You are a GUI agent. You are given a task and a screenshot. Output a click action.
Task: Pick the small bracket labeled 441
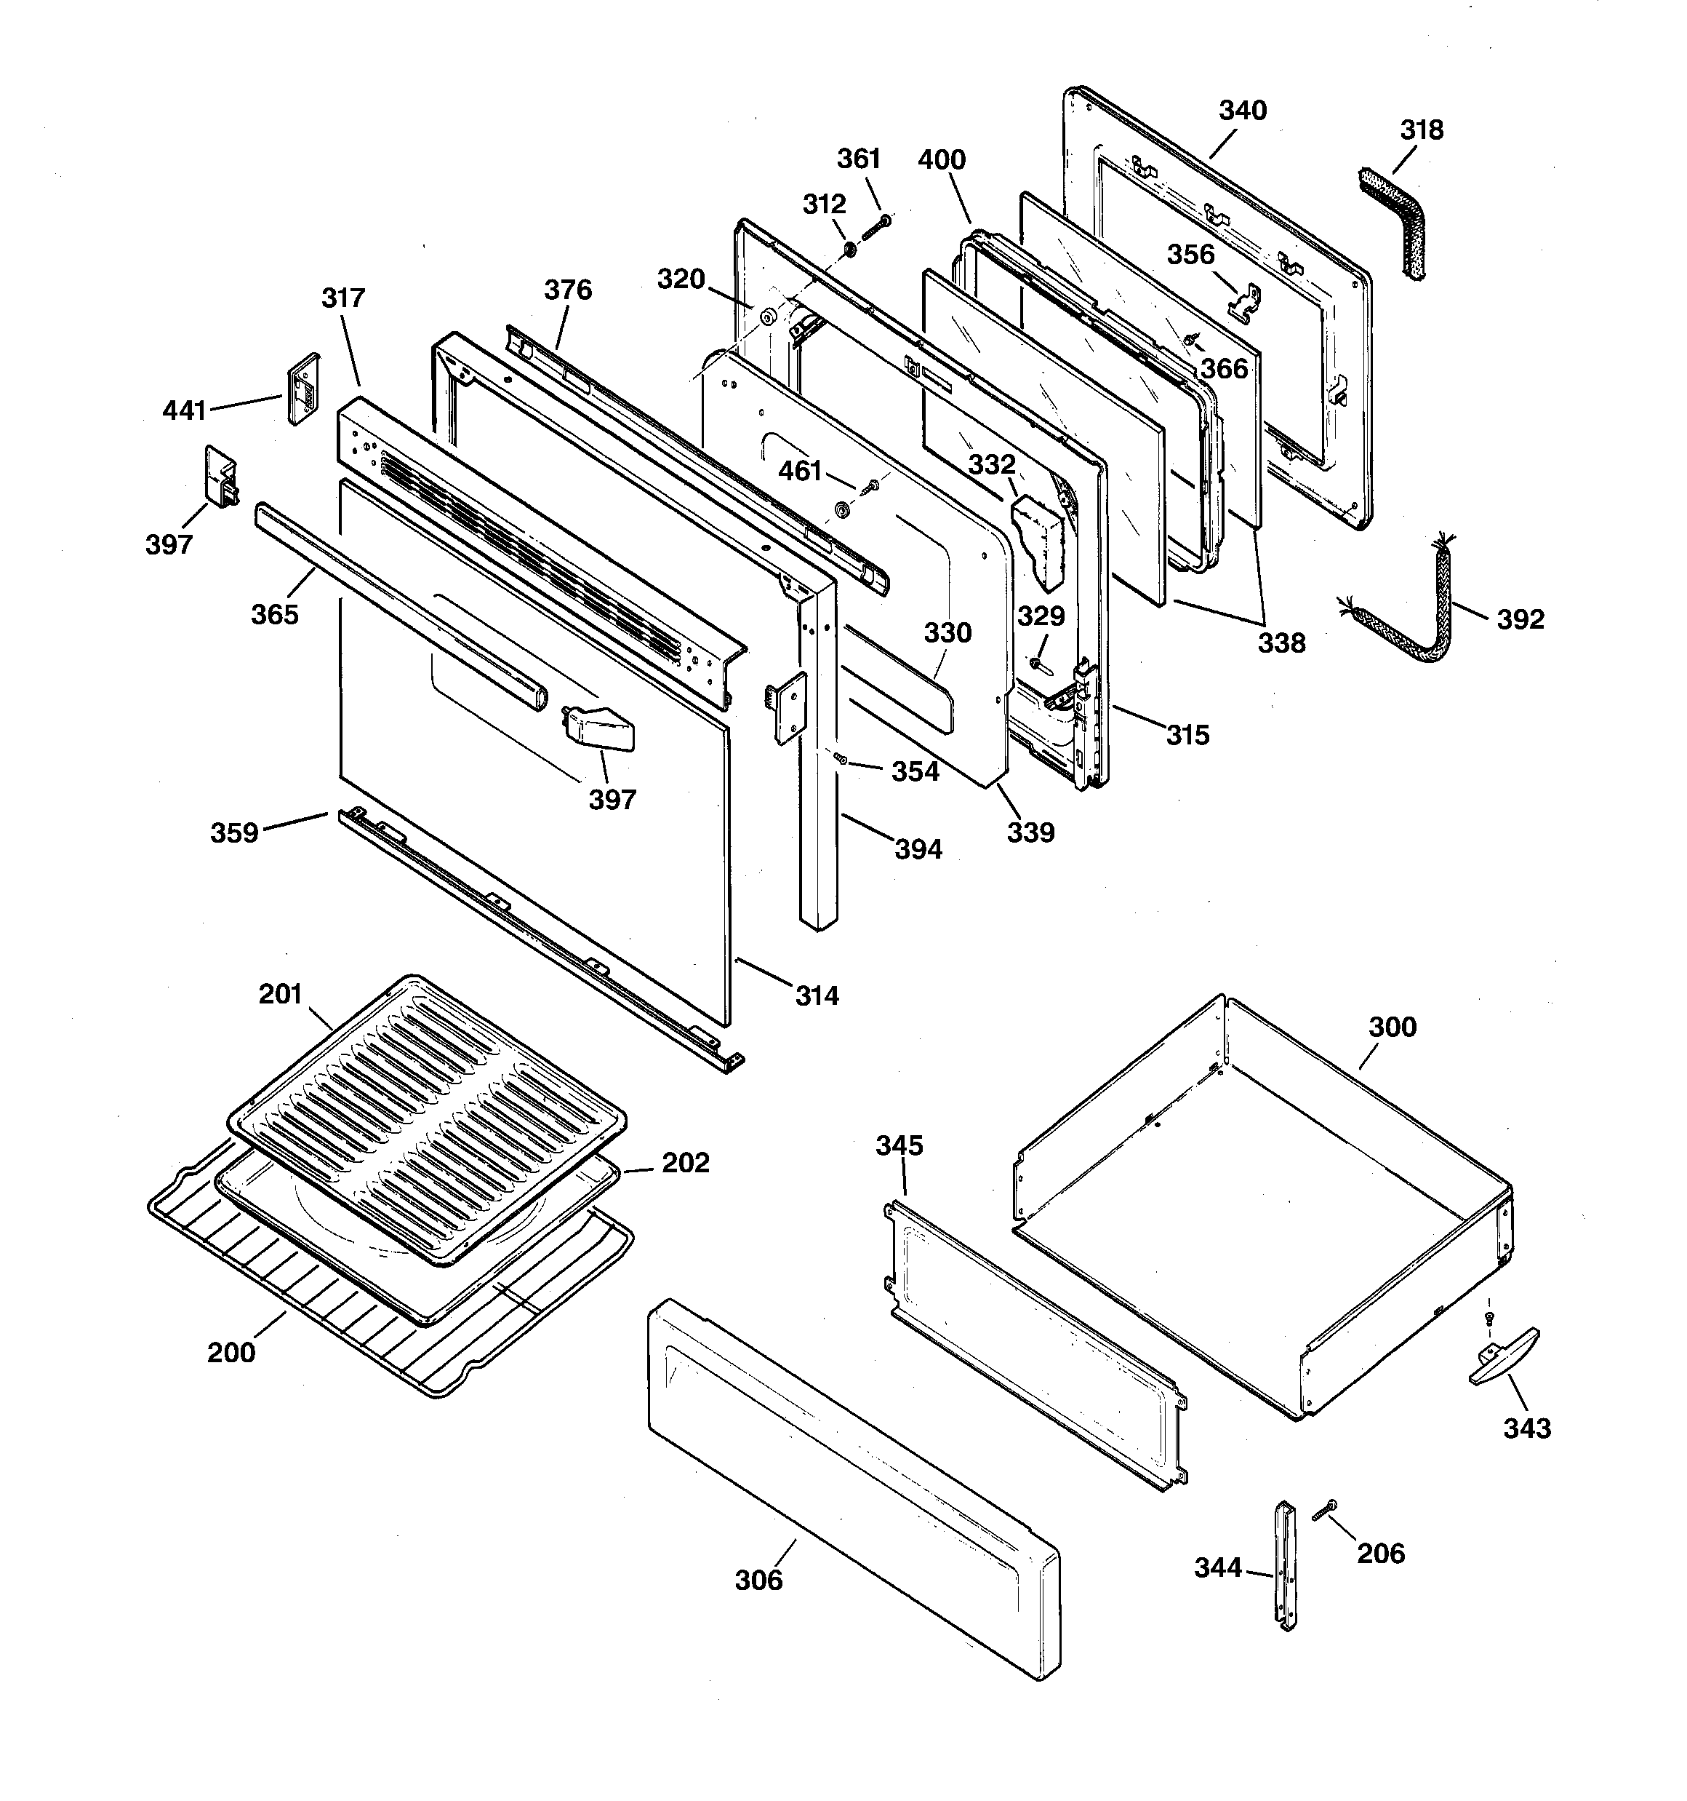(x=302, y=389)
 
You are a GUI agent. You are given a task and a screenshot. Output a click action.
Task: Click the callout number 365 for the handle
(x=274, y=614)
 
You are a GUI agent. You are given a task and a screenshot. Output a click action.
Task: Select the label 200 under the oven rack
(x=231, y=1353)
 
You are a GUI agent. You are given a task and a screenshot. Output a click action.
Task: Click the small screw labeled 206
(x=1322, y=1509)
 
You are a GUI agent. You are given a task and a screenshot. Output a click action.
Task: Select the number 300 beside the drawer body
(x=1392, y=1027)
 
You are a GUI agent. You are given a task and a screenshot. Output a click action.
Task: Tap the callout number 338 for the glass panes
(x=1281, y=643)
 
